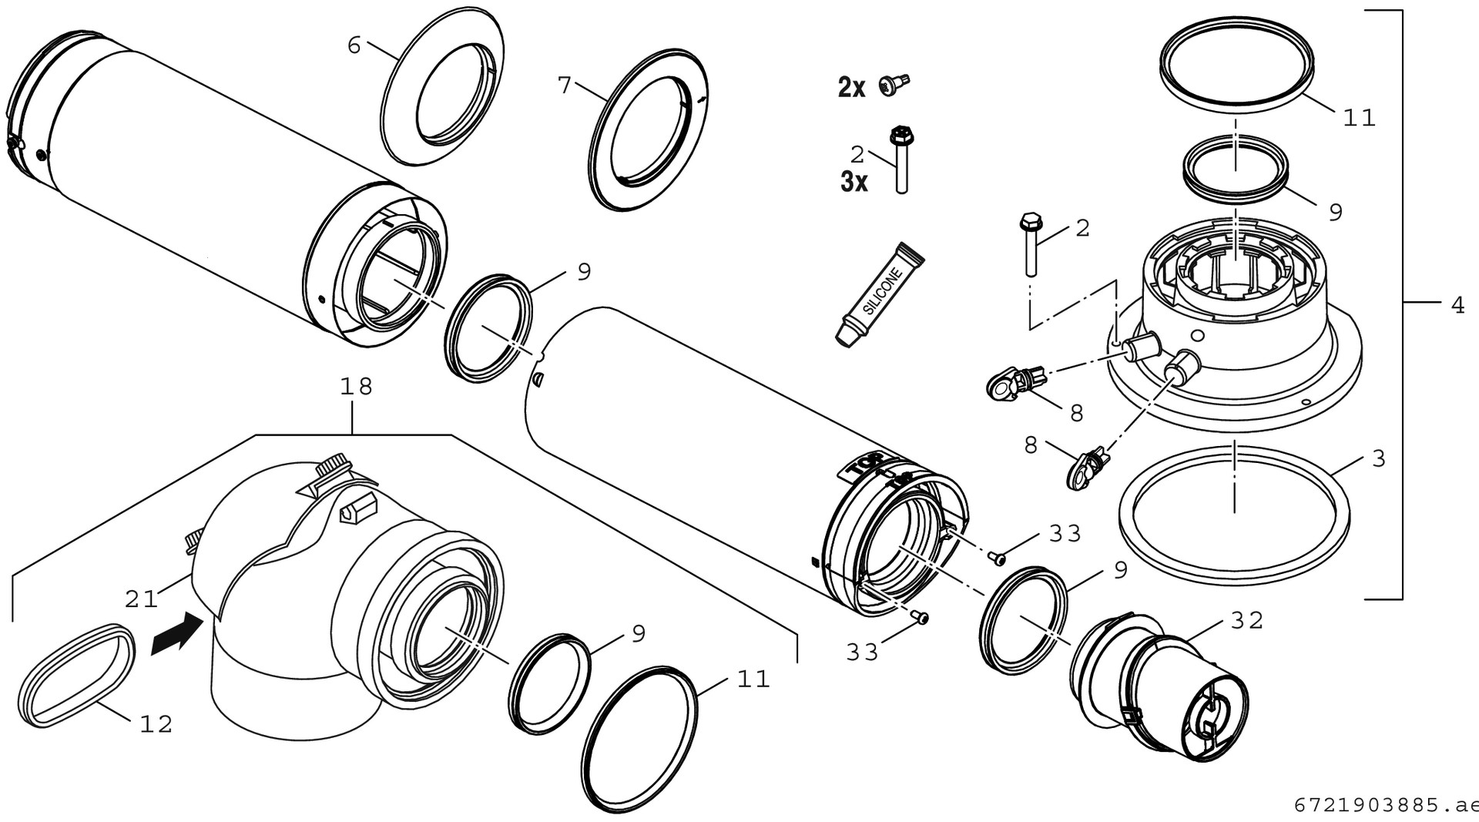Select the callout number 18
coord(356,386)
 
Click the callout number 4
coord(1457,306)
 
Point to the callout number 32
coord(1247,620)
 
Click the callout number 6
coord(354,45)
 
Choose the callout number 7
coord(565,85)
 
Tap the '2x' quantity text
coord(851,88)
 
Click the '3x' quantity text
coord(854,183)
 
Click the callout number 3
coord(1378,459)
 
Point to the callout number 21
coord(141,598)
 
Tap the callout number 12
coord(156,724)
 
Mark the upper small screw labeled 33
coord(998,557)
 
